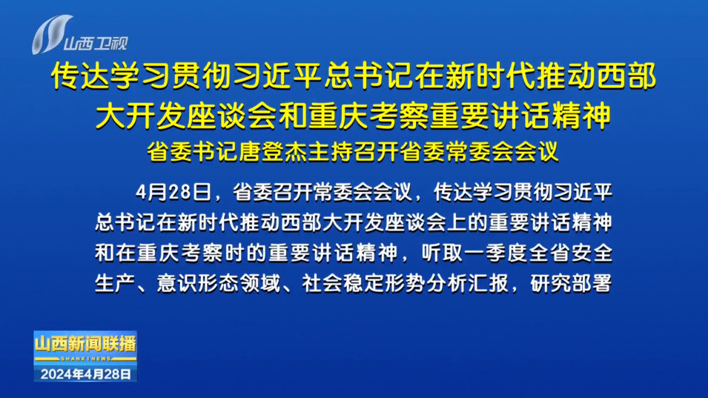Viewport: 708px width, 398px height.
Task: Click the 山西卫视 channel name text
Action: coord(96,44)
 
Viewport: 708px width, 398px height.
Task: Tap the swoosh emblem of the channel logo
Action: coord(51,35)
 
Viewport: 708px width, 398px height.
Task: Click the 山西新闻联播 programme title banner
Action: coord(85,344)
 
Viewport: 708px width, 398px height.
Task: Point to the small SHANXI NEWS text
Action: coord(85,358)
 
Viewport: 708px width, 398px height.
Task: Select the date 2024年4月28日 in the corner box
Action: coord(86,374)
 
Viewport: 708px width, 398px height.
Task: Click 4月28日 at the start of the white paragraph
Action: coord(173,193)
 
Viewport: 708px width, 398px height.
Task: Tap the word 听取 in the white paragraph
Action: coord(443,253)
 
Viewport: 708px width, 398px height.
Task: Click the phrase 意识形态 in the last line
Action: coord(197,283)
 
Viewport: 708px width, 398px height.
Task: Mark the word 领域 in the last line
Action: coord(259,283)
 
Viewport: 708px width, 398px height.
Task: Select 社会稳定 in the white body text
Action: coord(343,283)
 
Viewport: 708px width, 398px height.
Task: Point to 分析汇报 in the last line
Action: coord(467,283)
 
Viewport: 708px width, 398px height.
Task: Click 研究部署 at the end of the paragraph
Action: coord(572,283)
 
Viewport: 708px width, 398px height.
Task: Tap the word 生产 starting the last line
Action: coord(115,283)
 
